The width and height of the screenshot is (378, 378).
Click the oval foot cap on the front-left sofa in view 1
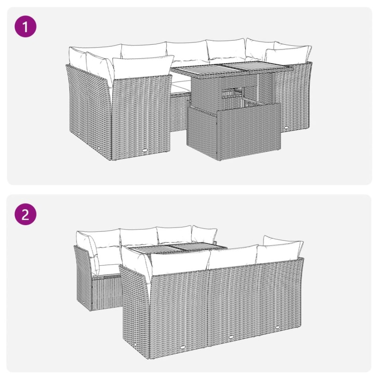coord(144,150)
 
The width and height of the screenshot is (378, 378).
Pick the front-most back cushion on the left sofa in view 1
coord(143,66)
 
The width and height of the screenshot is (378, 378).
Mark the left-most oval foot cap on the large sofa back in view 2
coord(182,347)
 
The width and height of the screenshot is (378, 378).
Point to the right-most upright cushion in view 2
coord(281,247)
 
